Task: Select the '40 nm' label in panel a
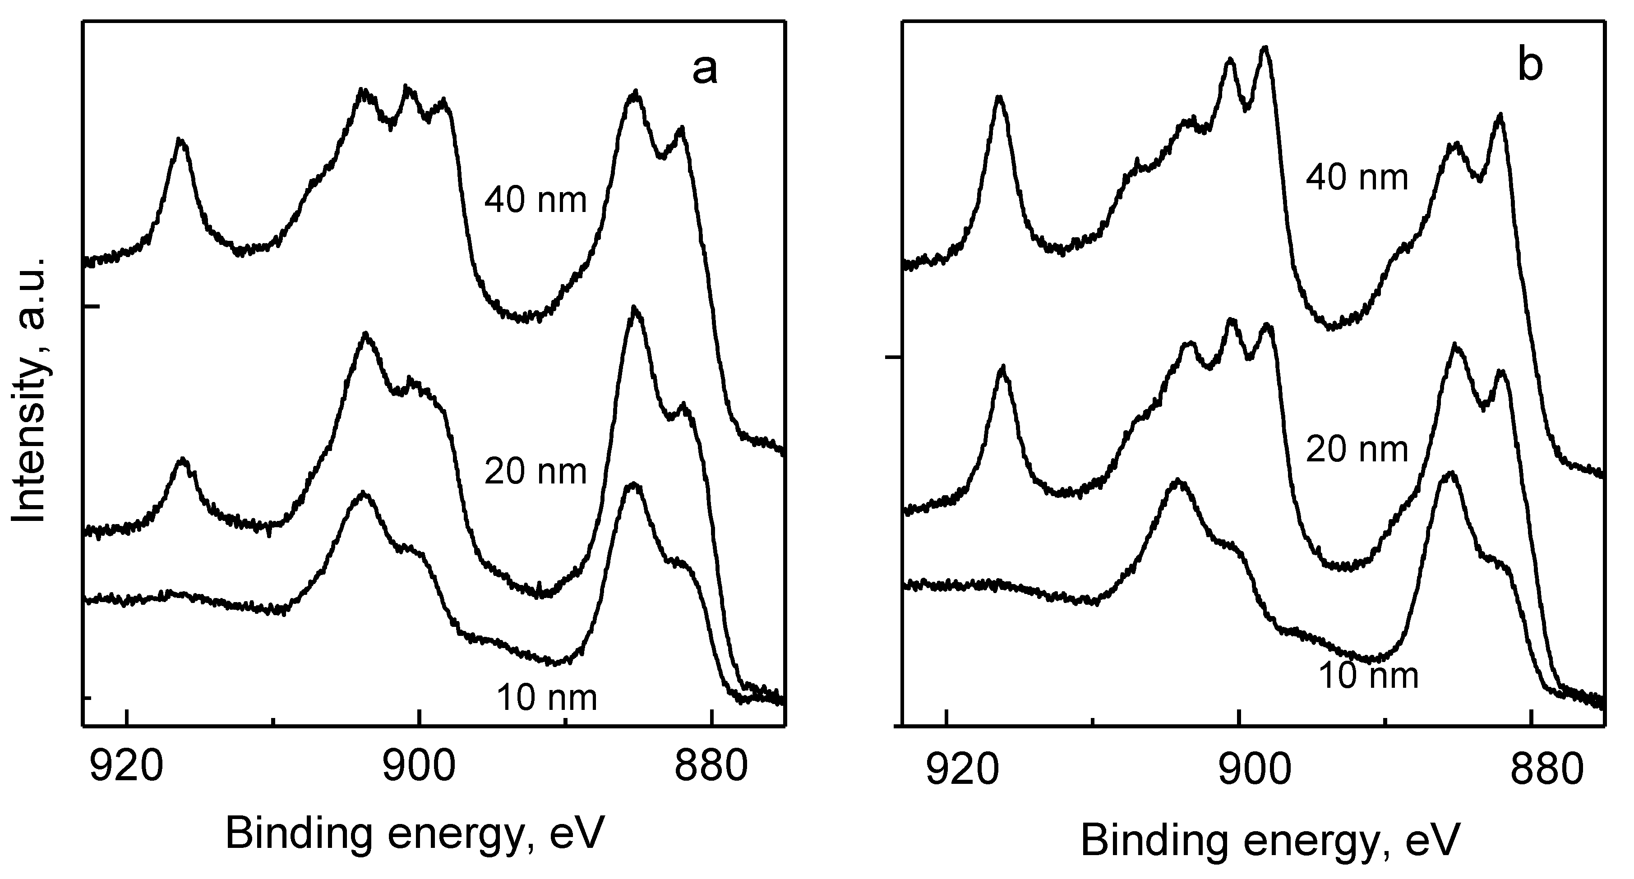535,200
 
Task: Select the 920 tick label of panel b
946,768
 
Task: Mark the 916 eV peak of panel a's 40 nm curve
181,140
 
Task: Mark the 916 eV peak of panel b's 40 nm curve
1000,98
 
